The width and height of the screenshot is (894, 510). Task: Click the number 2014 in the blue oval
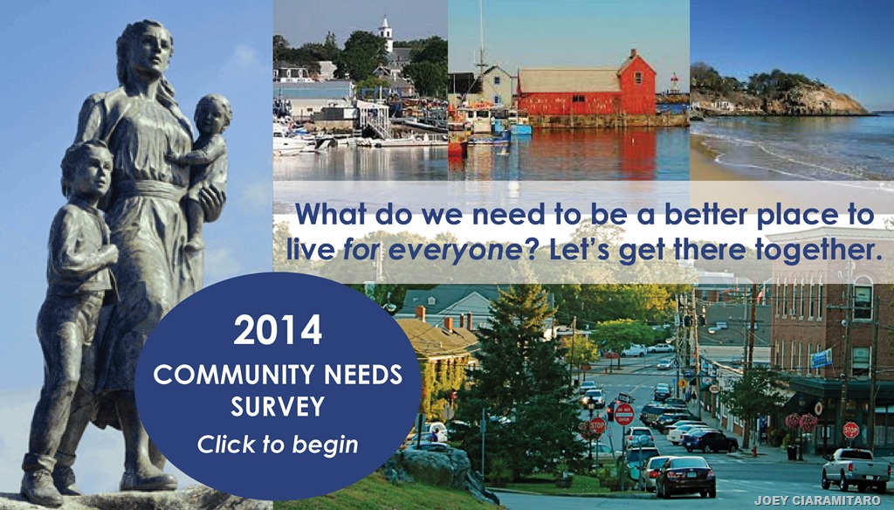click(x=278, y=330)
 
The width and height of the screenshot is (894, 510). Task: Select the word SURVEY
click(x=278, y=407)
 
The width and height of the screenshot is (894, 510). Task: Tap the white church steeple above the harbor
click(x=386, y=33)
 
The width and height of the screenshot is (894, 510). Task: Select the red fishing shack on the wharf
click(x=587, y=86)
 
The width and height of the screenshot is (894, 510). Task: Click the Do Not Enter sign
click(x=623, y=414)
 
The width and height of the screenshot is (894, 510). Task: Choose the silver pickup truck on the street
click(x=856, y=470)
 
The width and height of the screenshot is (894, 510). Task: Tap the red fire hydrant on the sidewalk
click(x=754, y=451)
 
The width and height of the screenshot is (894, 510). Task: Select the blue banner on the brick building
click(x=822, y=358)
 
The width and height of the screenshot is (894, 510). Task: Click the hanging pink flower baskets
click(x=801, y=422)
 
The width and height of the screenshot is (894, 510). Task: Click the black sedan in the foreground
click(x=685, y=477)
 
